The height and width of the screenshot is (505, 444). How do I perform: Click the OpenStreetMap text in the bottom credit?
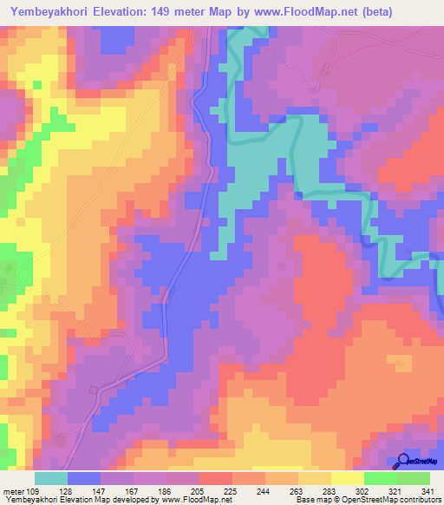pyautogui.click(x=395, y=499)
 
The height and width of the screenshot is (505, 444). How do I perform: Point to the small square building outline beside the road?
pyautogui.click(x=92, y=388)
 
